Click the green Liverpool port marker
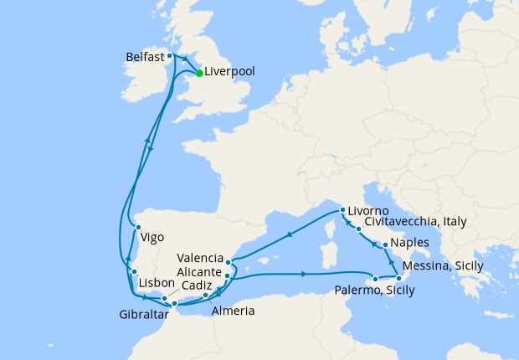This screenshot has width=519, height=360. (198, 73)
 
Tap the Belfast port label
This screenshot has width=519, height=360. (144, 57)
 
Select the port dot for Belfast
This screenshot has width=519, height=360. (170, 56)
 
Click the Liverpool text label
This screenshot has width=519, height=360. (231, 73)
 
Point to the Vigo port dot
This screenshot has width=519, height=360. (138, 226)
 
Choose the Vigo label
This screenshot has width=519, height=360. (152, 237)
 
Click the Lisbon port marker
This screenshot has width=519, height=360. (134, 272)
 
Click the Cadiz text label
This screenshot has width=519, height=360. (197, 285)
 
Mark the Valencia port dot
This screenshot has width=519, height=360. (229, 262)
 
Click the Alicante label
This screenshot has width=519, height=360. (199, 273)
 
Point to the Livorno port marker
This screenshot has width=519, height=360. (342, 210)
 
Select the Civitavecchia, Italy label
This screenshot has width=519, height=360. (415, 223)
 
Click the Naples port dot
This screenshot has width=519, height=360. (385, 245)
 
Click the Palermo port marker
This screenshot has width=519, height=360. (376, 279)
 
